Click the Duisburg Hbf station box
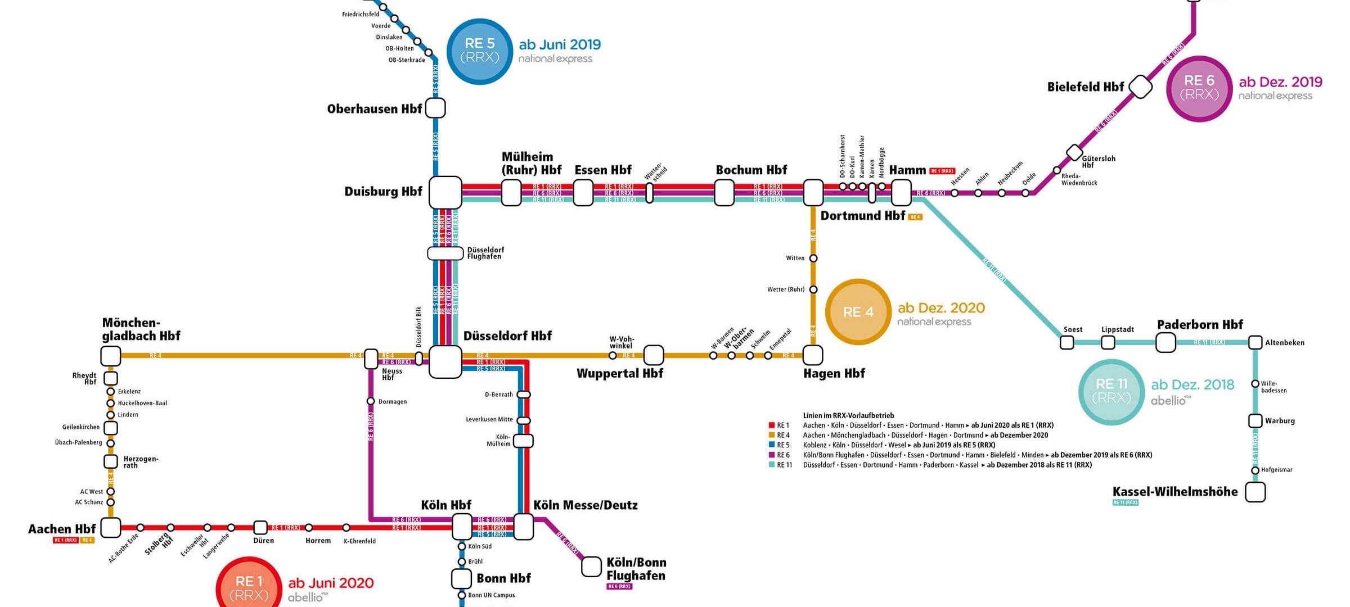pos(445,192)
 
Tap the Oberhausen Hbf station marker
pos(435,108)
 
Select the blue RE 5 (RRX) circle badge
pos(479,51)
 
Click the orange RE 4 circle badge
pos(858,312)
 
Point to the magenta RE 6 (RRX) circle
pos(1199,88)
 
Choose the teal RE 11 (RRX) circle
pos(1111,392)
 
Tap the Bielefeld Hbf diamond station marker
pos(1140,87)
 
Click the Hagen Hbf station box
pos(813,355)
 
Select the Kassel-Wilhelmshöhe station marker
pos(1255,492)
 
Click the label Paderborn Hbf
pos(1200,325)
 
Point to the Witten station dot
pos(813,259)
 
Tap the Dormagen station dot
pos(371,401)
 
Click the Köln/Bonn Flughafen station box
pos(591,567)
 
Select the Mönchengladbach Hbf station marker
pos(111,356)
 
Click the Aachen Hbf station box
pos(111,528)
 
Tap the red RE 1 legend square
pos(772,425)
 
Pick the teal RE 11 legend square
pos(772,465)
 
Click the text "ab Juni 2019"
pos(560,45)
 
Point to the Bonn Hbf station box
pos(461,578)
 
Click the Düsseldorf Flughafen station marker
pos(445,253)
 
